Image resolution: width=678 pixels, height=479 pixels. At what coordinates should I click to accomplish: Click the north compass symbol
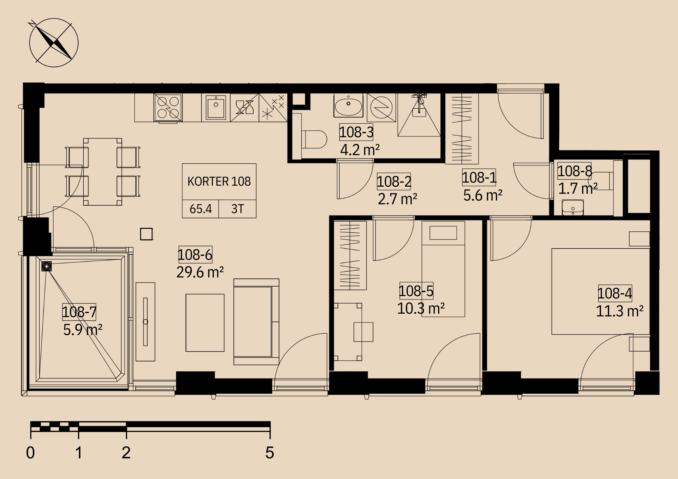click(54, 43)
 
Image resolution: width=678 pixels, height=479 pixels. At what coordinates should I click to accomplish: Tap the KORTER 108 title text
click(219, 182)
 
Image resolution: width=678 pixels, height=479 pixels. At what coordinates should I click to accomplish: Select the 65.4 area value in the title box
click(201, 209)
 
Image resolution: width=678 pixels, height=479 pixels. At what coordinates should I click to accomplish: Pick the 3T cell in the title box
click(238, 209)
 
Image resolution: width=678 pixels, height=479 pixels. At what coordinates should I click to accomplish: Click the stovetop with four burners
click(168, 107)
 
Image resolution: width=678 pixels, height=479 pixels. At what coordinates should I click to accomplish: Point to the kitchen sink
click(216, 107)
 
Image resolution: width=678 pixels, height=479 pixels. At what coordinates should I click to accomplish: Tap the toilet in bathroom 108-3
click(314, 139)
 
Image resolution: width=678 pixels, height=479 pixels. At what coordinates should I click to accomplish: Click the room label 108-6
click(195, 255)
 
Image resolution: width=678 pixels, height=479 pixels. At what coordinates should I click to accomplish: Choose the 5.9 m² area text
click(83, 330)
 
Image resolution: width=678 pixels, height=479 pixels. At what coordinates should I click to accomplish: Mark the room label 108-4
click(615, 293)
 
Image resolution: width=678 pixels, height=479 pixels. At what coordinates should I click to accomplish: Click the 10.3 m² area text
click(421, 309)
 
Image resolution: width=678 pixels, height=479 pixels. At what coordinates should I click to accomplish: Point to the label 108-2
click(394, 182)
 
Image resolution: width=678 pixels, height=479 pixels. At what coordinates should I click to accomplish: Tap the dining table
click(103, 172)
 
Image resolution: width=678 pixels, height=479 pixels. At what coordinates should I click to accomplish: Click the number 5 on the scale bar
click(270, 453)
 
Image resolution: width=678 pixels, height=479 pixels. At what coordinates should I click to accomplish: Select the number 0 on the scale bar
click(31, 453)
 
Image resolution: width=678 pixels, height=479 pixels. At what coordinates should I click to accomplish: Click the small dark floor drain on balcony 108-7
click(46, 266)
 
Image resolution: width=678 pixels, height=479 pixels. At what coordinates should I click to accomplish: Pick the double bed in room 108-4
click(601, 291)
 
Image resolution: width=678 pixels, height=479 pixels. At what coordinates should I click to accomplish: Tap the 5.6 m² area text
click(483, 195)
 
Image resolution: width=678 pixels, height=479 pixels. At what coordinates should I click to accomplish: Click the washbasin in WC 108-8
click(573, 207)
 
